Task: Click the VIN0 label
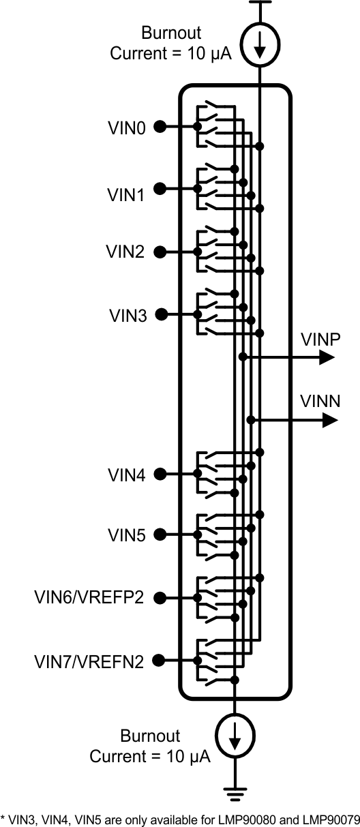tap(126, 127)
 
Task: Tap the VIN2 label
tap(125, 252)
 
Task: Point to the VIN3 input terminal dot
tap(160, 314)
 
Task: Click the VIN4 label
tap(127, 475)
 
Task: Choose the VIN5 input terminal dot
tap(160, 535)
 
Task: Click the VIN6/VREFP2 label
tap(89, 598)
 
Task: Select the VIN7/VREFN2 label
tap(89, 661)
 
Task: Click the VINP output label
tap(320, 340)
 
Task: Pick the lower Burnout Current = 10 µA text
tap(150, 746)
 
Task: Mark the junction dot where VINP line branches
tap(243, 357)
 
